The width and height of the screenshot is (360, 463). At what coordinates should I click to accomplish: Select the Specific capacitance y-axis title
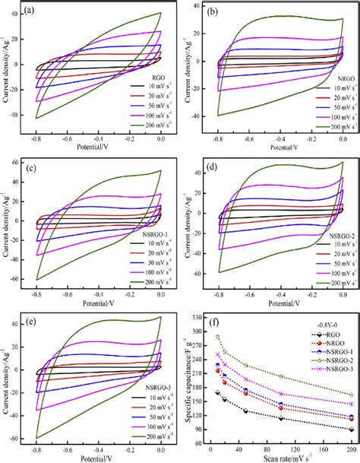187,378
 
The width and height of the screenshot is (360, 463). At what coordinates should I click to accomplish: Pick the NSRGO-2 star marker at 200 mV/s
352,395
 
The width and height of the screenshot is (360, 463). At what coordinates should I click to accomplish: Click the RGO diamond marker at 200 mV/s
352,430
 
